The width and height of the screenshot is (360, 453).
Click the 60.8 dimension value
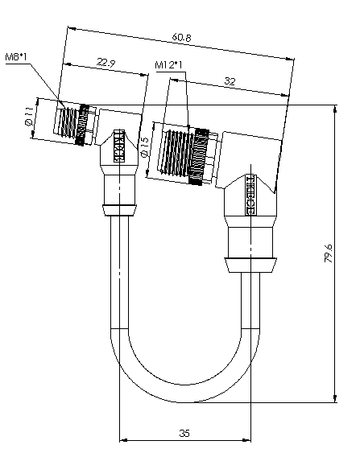coord(181,37)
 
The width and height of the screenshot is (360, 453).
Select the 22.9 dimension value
coord(106,63)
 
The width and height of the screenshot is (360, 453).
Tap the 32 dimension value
coord(230,81)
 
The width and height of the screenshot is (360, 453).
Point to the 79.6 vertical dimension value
coord(329,253)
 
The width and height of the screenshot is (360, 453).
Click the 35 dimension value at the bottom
coord(184,433)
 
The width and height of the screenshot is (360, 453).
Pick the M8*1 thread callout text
coord(16,56)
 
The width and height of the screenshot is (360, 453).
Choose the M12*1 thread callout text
coord(169,64)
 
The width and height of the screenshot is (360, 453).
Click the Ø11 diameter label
coord(29,117)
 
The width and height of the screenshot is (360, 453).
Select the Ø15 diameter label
coord(146,146)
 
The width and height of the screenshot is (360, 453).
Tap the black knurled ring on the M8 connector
coord(82,125)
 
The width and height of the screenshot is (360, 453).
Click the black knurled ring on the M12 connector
coord(198,157)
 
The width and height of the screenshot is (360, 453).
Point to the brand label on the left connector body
coord(118,146)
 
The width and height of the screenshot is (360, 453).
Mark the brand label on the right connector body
coord(250,195)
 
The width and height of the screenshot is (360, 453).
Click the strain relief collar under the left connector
coord(119,210)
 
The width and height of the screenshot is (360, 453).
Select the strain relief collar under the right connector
coord(250,265)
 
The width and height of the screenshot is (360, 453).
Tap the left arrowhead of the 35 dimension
coord(123,440)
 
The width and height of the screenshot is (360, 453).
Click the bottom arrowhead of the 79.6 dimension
coord(335,398)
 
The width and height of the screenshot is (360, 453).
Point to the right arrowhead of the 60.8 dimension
coord(290,59)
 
